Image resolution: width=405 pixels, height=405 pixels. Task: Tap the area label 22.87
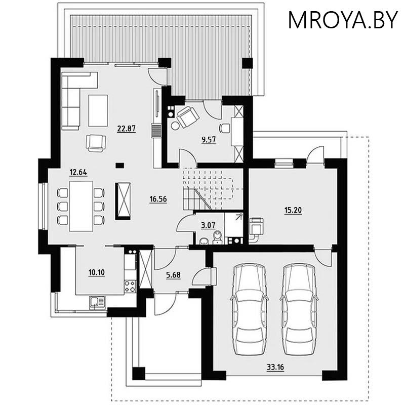click(x=126, y=129)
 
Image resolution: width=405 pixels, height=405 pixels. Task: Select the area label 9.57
click(x=209, y=140)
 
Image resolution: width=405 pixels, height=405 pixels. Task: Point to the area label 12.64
click(x=78, y=172)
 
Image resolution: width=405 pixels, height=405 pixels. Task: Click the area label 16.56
click(x=158, y=199)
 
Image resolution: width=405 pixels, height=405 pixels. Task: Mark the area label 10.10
click(x=96, y=272)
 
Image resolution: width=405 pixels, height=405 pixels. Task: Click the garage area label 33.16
click(x=275, y=367)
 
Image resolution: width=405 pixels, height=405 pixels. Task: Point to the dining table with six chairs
click(x=81, y=206)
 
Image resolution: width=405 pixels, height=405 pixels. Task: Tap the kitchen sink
click(x=96, y=302)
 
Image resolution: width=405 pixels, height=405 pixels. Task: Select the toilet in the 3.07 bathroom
click(x=218, y=237)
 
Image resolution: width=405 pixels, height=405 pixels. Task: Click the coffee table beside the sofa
click(x=98, y=110)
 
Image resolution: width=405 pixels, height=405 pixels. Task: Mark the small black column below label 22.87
click(x=119, y=165)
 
